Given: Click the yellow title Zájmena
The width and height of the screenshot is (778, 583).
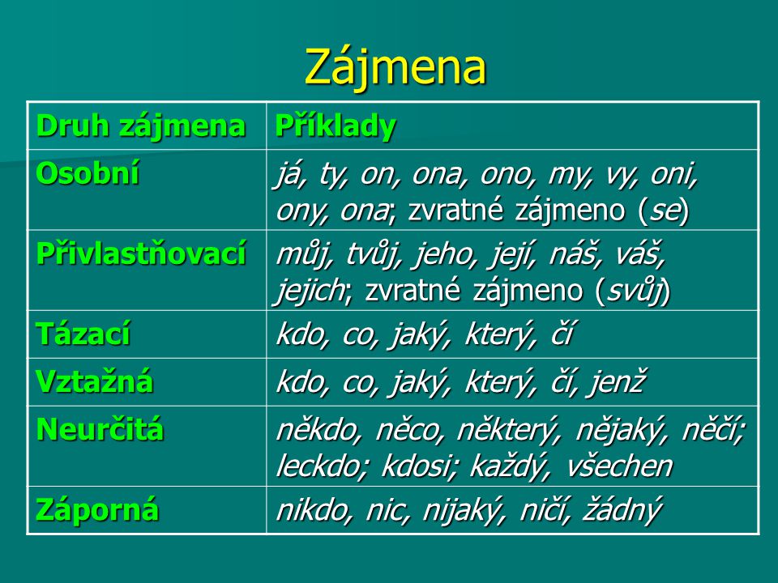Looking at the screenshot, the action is click(x=395, y=67).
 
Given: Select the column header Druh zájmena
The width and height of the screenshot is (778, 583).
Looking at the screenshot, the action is click(x=141, y=126).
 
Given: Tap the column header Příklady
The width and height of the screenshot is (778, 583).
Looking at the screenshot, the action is click(x=336, y=126).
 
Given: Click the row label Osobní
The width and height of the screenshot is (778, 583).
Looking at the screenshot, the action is click(x=88, y=173).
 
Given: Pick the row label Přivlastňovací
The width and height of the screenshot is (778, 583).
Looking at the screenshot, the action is click(x=141, y=253).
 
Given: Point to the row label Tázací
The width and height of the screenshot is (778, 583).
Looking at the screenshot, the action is click(x=83, y=333).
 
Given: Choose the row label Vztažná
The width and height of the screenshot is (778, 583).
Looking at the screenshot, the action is click(x=94, y=381).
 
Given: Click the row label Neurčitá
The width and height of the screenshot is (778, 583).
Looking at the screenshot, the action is click(x=100, y=429).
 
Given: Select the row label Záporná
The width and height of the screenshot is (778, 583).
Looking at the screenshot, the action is click(x=97, y=509).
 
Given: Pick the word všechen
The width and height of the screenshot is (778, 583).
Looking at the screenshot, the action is click(x=619, y=466).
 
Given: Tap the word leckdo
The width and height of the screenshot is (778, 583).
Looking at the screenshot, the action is click(x=322, y=466).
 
